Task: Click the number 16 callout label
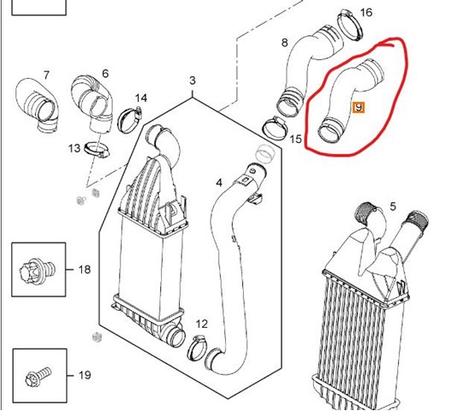coord(366,13)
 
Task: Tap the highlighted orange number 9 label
coord(359,108)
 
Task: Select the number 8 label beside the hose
coord(284,43)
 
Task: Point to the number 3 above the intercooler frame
coord(193,80)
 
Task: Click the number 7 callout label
coord(46,75)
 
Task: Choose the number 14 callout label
coord(141,98)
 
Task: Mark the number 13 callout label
coord(74,148)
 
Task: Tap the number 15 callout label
coord(295,139)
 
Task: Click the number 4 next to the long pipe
coord(219,183)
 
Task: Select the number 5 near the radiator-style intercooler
coord(393,207)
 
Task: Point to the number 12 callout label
coord(202,324)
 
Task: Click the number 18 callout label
coord(85,269)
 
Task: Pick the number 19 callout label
coord(85,375)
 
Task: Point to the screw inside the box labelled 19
coord(39,376)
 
